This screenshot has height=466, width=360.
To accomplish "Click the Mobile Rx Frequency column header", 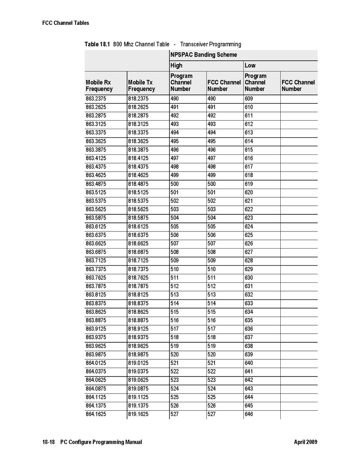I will click(99, 86).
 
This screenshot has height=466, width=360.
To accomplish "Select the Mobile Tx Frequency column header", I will click(142, 86).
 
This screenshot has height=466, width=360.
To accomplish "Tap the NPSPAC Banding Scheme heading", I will click(203, 55).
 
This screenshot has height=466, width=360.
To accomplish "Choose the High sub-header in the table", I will click(176, 65).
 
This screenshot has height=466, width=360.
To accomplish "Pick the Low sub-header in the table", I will click(250, 65).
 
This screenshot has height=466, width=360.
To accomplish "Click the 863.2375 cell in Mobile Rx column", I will click(96, 99).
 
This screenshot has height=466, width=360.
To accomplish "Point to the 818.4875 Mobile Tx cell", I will click(138, 184).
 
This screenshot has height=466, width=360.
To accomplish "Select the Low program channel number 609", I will click(249, 99).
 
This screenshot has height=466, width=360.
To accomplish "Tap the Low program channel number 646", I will click(249, 414).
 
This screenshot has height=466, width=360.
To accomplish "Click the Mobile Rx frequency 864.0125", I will click(96, 363).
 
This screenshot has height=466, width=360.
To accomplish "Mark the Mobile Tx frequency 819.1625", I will click(138, 414).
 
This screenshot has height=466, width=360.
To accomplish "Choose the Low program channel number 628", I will click(249, 261).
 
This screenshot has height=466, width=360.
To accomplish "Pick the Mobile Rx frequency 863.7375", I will click(96, 269).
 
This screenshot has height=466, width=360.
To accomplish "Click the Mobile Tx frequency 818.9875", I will click(138, 354).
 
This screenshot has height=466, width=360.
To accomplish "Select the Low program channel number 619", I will click(249, 184).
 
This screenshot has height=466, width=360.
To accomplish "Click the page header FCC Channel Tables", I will click(66, 23).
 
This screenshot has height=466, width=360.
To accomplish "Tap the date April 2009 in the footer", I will click(306, 442).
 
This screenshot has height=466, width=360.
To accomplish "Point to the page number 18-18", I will click(48, 442).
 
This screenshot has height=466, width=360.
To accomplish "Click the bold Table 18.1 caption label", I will click(97, 44).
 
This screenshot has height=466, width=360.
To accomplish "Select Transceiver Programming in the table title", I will click(210, 44).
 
